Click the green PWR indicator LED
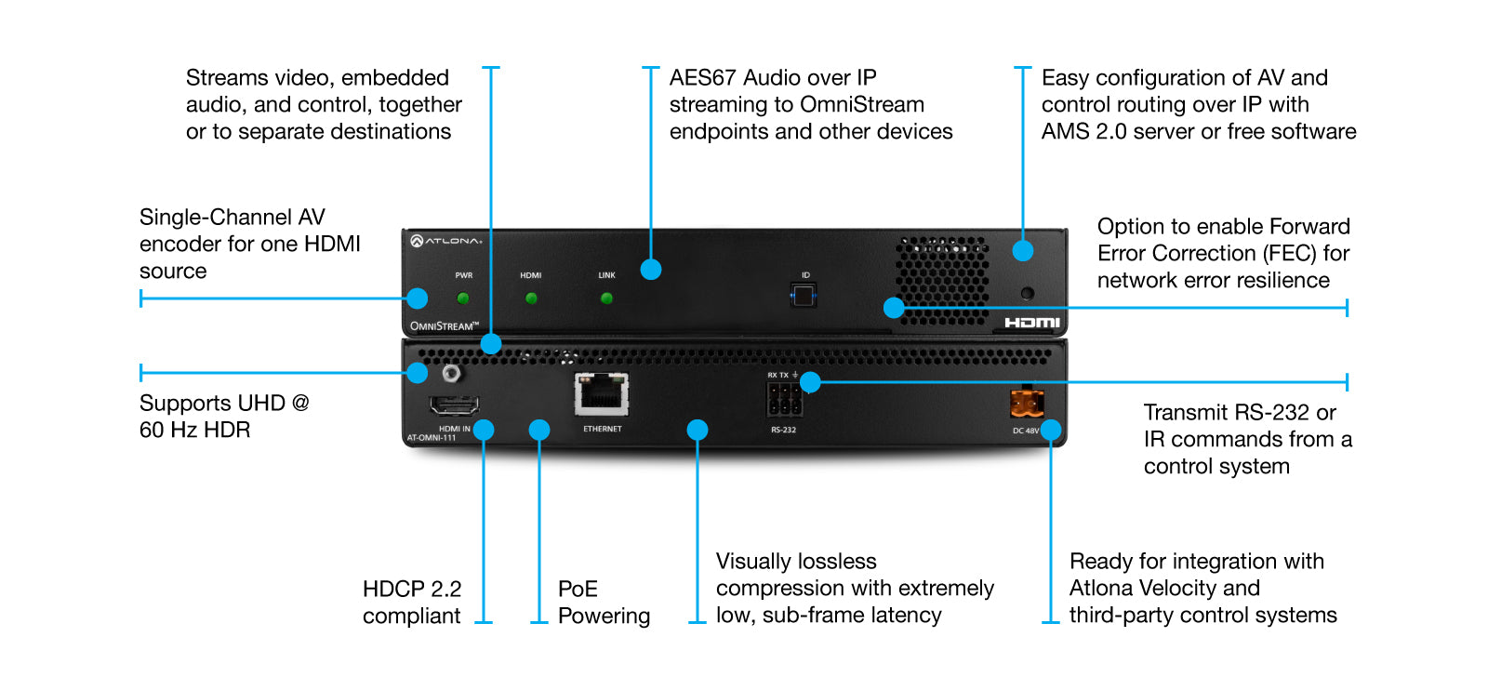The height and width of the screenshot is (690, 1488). click(463, 299)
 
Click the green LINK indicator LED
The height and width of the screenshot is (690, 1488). click(606, 299)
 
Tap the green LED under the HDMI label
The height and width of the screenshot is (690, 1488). click(531, 299)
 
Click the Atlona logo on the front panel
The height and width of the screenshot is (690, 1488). click(446, 241)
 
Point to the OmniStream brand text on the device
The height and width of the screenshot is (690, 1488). click(444, 326)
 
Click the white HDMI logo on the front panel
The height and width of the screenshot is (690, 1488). click(1031, 323)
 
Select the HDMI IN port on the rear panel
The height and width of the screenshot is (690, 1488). click(454, 406)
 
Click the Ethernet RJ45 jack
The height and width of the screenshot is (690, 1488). click(602, 394)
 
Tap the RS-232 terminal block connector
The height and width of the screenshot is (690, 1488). click(784, 402)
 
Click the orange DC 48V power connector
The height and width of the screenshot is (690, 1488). click(1027, 404)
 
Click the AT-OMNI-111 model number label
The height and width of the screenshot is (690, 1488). click(432, 438)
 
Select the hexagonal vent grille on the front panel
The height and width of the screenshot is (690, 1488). click(941, 279)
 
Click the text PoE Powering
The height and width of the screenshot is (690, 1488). click(603, 603)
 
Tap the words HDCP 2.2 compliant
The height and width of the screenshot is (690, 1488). click(412, 603)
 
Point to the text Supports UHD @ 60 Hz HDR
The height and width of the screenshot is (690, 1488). click(223, 417)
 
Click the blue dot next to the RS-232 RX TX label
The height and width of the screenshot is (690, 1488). click(810, 382)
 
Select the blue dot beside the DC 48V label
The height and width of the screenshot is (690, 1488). click(1051, 430)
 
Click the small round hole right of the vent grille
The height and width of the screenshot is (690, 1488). click(1028, 293)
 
